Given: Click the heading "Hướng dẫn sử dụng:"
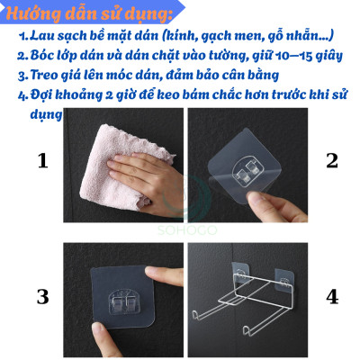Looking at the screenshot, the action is pyautogui.click(x=89, y=13).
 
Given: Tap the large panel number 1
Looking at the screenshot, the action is pyautogui.click(x=42, y=160).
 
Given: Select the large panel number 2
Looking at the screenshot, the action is pyautogui.click(x=332, y=160).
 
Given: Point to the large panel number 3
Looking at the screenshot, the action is pyautogui.click(x=42, y=297).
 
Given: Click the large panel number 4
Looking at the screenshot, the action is pyautogui.click(x=332, y=297).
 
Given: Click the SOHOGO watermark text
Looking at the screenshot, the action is pyautogui.click(x=187, y=230).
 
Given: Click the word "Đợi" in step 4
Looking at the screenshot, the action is pyautogui.click(x=41, y=95).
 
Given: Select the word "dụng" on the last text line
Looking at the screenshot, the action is pyautogui.click(x=47, y=115).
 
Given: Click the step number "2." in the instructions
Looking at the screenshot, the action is pyautogui.click(x=22, y=56).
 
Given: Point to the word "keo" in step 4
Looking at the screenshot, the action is pyautogui.click(x=167, y=94).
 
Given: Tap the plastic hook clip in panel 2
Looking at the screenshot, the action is pyautogui.click(x=246, y=174).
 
